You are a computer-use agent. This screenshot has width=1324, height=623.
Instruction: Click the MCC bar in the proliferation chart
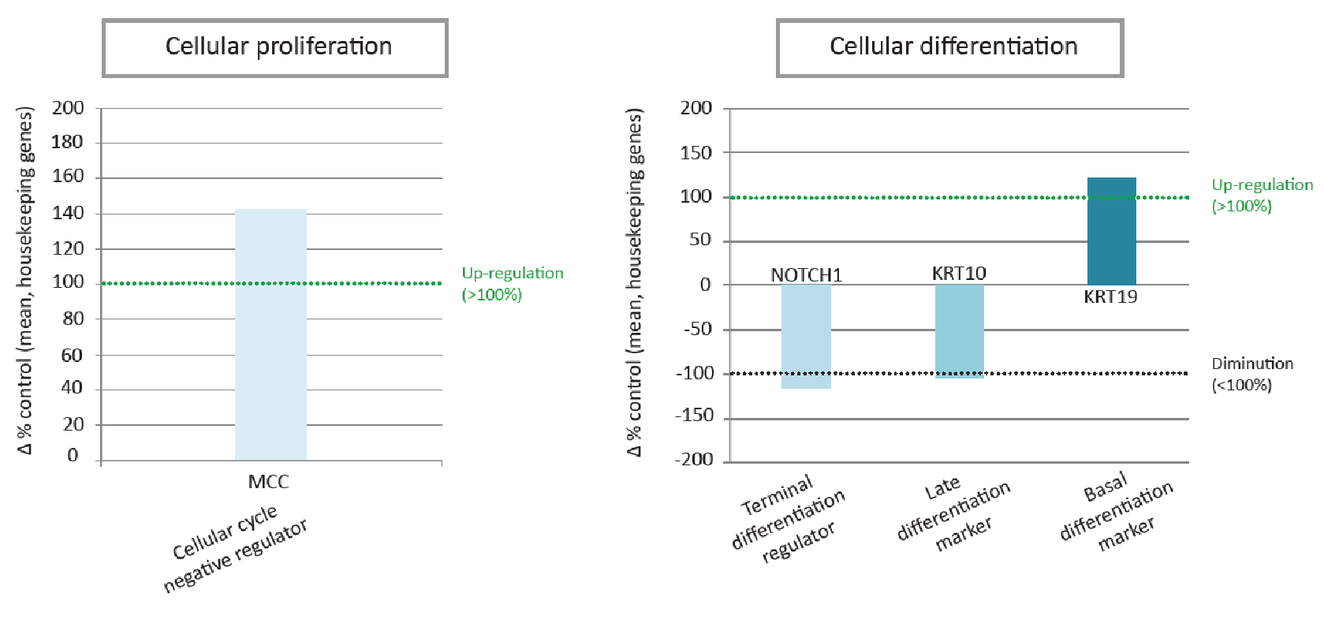[270, 334]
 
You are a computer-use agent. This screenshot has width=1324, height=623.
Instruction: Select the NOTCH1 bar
[806, 336]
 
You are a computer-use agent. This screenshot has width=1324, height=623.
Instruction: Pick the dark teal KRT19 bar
[1111, 231]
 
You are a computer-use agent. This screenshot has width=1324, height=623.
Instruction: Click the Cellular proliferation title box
[275, 47]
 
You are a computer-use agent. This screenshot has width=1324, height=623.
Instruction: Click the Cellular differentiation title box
[950, 47]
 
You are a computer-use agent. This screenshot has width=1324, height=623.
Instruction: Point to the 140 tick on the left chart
[68, 212]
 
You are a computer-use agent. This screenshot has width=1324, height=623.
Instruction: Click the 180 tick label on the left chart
[68, 142]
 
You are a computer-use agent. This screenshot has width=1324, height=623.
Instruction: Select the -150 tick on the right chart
[694, 416]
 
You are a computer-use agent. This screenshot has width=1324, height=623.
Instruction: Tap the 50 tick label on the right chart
[699, 240]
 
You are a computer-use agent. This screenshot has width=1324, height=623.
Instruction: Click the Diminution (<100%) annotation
[1252, 374]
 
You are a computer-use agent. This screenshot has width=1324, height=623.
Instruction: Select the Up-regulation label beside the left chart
[512, 283]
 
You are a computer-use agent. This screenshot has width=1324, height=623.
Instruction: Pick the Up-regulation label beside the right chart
[1262, 195]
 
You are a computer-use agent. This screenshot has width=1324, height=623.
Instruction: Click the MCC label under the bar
[268, 482]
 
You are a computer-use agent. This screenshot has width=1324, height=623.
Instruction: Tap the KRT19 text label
[1110, 297]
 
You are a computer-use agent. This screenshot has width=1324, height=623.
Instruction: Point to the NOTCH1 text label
[806, 275]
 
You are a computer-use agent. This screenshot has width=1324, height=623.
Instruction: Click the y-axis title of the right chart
[636, 282]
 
